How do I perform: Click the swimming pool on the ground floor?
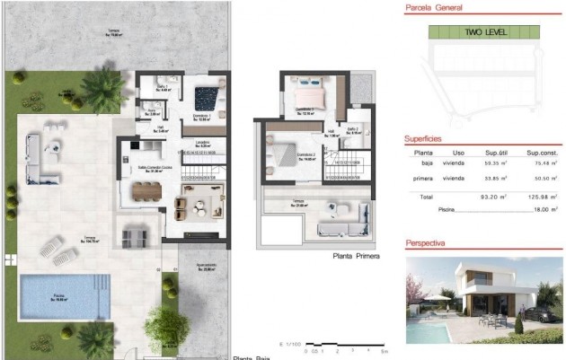59,294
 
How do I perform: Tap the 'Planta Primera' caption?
355,256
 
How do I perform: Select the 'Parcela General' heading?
433,7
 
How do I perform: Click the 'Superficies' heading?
423,139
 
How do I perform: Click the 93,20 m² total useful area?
491,196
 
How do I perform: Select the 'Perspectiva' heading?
426,243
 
